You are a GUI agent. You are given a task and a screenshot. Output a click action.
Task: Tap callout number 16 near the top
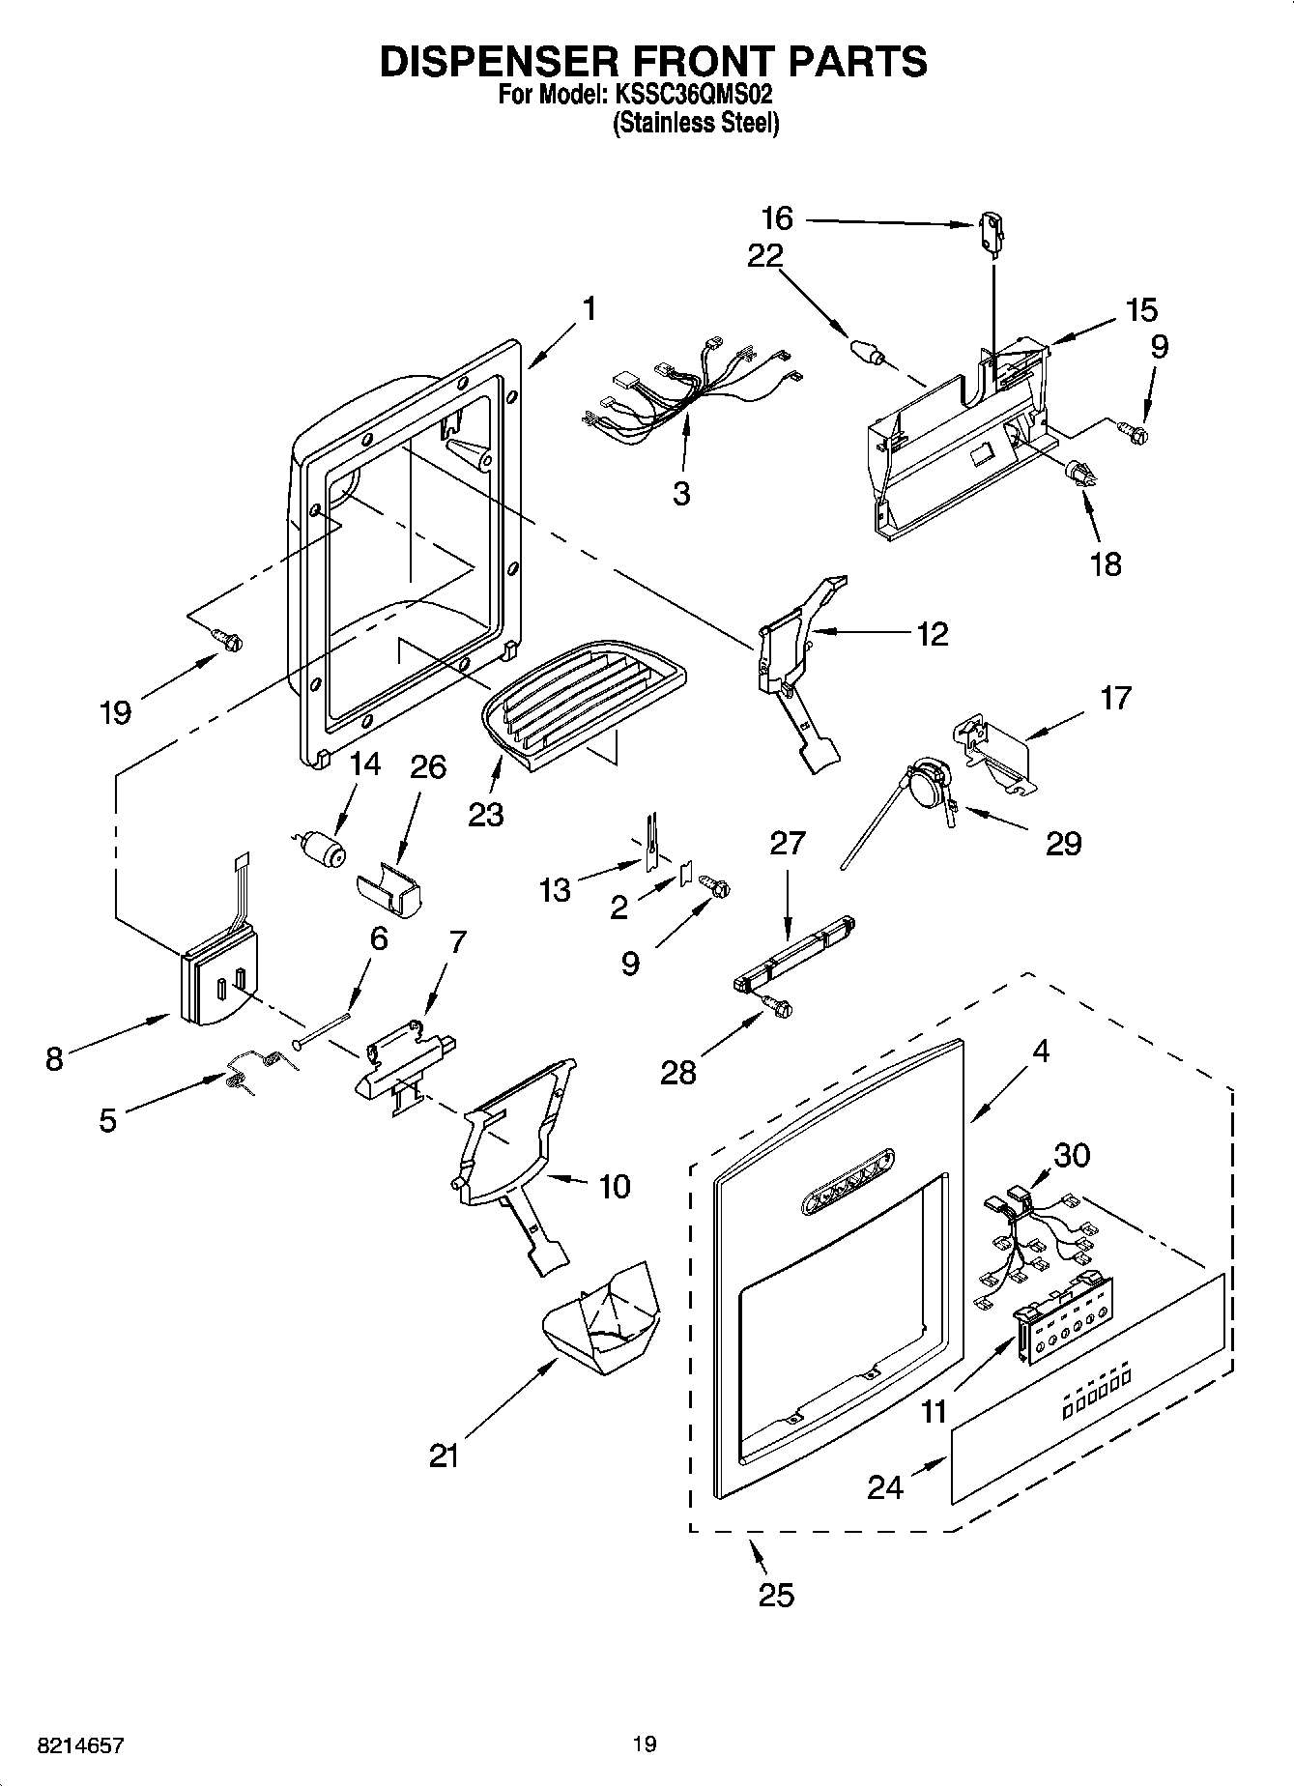click(777, 218)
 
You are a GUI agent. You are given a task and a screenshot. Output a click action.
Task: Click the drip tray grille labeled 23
click(580, 706)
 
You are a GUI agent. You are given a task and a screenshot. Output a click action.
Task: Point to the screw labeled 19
click(230, 639)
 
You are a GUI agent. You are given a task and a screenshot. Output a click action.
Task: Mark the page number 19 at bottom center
click(645, 1744)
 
